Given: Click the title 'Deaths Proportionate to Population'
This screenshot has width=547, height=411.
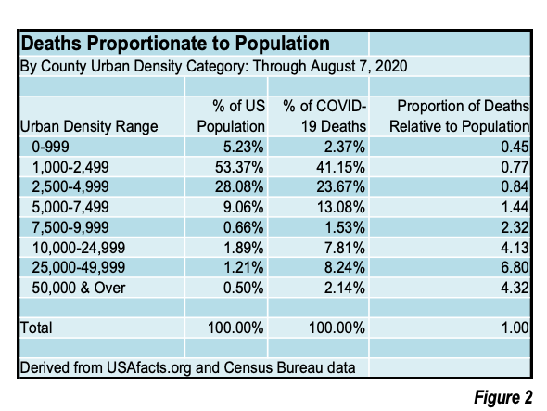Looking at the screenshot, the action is coord(175,44).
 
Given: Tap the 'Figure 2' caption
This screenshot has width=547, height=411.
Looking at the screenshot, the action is coord(502,397).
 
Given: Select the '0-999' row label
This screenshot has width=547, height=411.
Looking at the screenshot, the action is coord(50,147).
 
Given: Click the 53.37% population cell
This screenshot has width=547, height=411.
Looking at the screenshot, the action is coord(239,167).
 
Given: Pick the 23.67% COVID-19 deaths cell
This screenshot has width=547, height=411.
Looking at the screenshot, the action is coord(340,186).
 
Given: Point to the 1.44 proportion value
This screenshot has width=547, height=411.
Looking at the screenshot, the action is coord(515,207).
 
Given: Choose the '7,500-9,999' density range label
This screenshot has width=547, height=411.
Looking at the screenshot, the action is coord(70,227).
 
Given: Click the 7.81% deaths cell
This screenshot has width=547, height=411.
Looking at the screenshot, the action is coord(345,248).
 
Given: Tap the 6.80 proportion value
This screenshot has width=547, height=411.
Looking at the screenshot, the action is coord(515,267).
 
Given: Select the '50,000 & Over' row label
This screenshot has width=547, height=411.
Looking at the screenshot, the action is coord(79,288).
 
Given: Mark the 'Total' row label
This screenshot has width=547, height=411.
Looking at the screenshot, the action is coord(36,328).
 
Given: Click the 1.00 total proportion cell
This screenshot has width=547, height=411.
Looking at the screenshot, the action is coord(515,328).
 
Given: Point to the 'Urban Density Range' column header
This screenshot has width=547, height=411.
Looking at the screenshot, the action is coord(89,126).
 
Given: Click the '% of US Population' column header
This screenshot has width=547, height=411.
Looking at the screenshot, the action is coord(231,116).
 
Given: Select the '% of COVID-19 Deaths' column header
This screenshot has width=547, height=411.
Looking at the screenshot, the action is coord(324,116).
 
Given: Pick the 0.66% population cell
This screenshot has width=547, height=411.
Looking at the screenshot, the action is coord(243,227).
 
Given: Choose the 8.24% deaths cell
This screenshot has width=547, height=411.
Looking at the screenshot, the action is coord(345,267).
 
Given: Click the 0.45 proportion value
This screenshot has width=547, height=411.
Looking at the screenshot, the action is coord(515,147).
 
